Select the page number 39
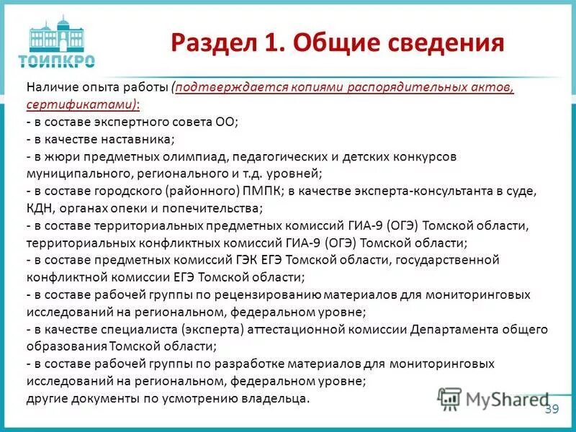(x=552, y=409)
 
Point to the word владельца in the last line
(x=276, y=398)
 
